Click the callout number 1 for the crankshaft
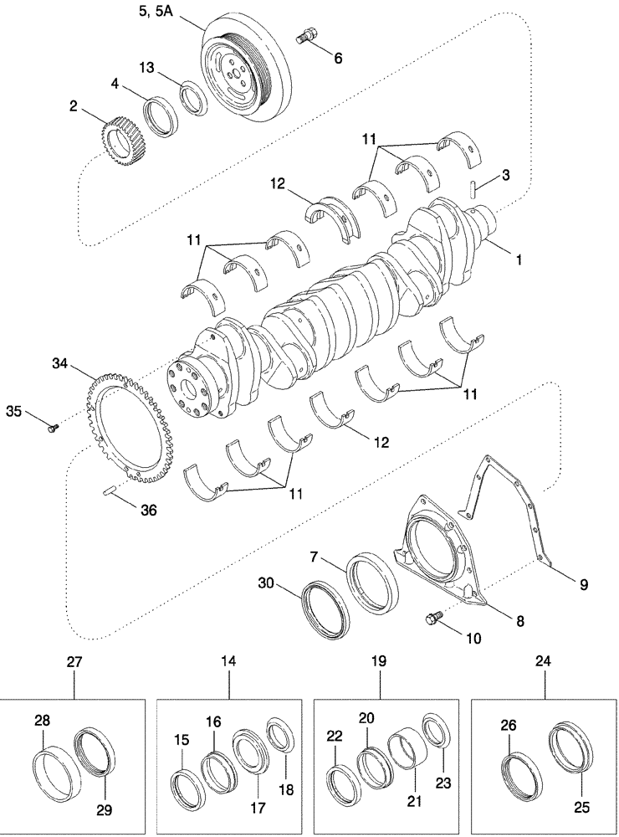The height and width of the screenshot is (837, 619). [519, 260]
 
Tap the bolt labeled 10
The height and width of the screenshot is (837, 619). [433, 619]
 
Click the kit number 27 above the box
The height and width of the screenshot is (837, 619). [74, 662]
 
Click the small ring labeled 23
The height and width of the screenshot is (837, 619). [435, 728]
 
